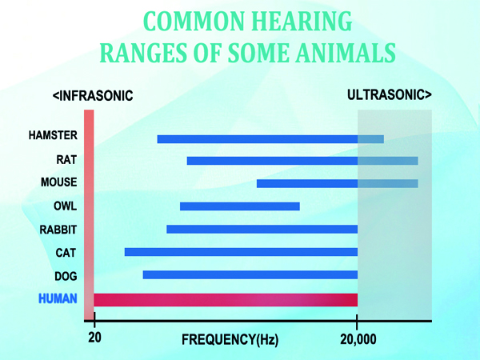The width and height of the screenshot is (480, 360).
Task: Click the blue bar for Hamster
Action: pos(270,139)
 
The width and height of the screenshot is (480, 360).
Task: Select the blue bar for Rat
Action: pos(302,161)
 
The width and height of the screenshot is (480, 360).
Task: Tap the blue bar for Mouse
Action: pos(337,183)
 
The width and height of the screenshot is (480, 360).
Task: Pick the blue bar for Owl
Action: pos(240,206)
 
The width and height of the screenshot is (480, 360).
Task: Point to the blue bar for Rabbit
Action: pos(262,230)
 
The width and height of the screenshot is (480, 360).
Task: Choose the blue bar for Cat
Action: pos(241,252)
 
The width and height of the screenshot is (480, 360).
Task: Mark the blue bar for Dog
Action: pos(250,275)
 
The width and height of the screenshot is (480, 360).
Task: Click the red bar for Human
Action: pos(226,299)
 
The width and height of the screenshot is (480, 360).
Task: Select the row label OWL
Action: pos(66,206)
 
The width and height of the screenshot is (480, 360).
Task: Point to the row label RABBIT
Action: pos(58,230)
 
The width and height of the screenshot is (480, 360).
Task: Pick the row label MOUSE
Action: pos(58,182)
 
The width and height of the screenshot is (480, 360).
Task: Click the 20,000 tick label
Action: pos(357,338)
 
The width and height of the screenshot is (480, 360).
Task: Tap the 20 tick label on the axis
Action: pos(94,338)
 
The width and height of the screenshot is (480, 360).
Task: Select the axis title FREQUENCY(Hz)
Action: pos(230,340)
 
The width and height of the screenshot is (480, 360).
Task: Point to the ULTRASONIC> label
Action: pos(390,95)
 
